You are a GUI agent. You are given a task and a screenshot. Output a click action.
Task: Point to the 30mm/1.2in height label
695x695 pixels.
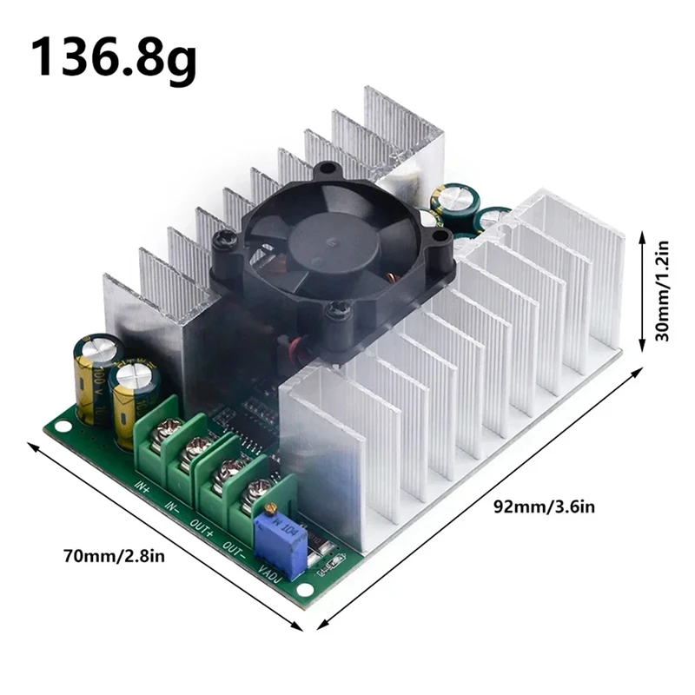click(665, 290)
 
